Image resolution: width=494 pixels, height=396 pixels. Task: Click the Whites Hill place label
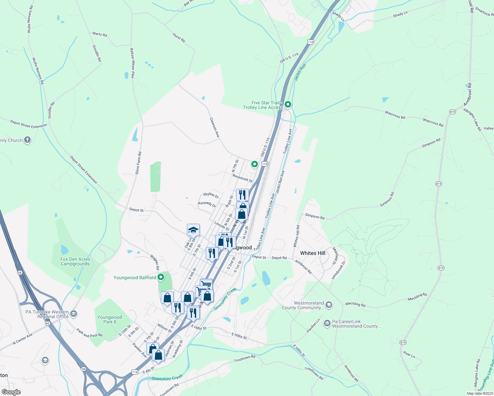(312, 253)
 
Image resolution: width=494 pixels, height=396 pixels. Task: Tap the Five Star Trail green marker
(288, 105)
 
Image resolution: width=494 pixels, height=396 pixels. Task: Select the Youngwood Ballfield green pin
(161, 277)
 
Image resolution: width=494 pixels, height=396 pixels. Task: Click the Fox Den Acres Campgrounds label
(75, 261)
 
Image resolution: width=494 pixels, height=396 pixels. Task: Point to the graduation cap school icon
(193, 230)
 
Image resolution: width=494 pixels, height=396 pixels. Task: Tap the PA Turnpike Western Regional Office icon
(74, 313)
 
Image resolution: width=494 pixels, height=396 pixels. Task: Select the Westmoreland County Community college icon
(329, 305)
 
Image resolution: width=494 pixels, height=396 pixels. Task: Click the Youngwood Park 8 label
(110, 319)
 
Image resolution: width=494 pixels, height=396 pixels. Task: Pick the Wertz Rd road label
(100, 34)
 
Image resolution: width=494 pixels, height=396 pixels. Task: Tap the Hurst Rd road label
(179, 38)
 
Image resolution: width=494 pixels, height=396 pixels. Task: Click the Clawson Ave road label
(215, 127)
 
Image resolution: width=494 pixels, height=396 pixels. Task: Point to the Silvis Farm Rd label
(138, 163)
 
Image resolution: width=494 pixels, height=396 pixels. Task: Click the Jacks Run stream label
(300, 72)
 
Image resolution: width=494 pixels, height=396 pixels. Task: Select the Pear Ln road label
(409, 355)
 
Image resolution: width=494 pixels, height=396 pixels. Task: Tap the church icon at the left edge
(27, 140)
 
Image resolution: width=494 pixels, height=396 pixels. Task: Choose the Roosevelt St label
(242, 178)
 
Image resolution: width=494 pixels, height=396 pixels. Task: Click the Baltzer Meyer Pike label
(132, 63)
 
